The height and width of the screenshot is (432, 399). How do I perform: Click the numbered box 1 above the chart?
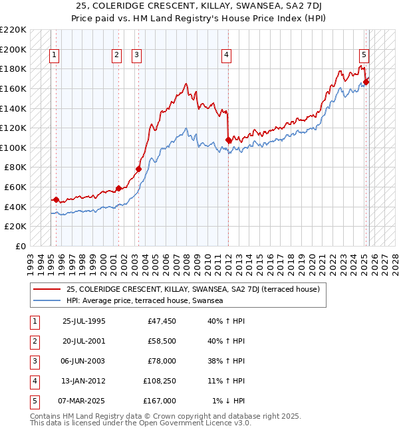54,55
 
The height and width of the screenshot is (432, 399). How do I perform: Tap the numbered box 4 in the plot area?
227,55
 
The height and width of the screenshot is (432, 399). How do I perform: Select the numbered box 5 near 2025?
364,55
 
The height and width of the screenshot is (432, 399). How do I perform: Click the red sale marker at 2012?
229,140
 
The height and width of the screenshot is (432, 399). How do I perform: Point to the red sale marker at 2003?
139,169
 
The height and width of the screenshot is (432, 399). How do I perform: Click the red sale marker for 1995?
56,199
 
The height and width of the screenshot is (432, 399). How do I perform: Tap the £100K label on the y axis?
13,148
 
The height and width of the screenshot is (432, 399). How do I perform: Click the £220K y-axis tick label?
13,30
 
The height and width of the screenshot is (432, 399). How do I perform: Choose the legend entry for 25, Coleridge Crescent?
193,289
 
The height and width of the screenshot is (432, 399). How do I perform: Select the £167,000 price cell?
160,401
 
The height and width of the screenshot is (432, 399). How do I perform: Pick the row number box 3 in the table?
33,361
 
